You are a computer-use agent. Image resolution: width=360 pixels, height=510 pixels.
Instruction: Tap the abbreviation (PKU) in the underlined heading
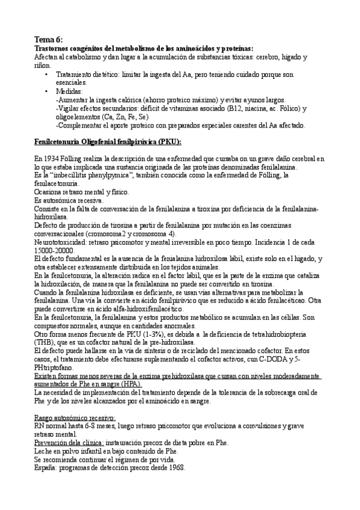[169, 141]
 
